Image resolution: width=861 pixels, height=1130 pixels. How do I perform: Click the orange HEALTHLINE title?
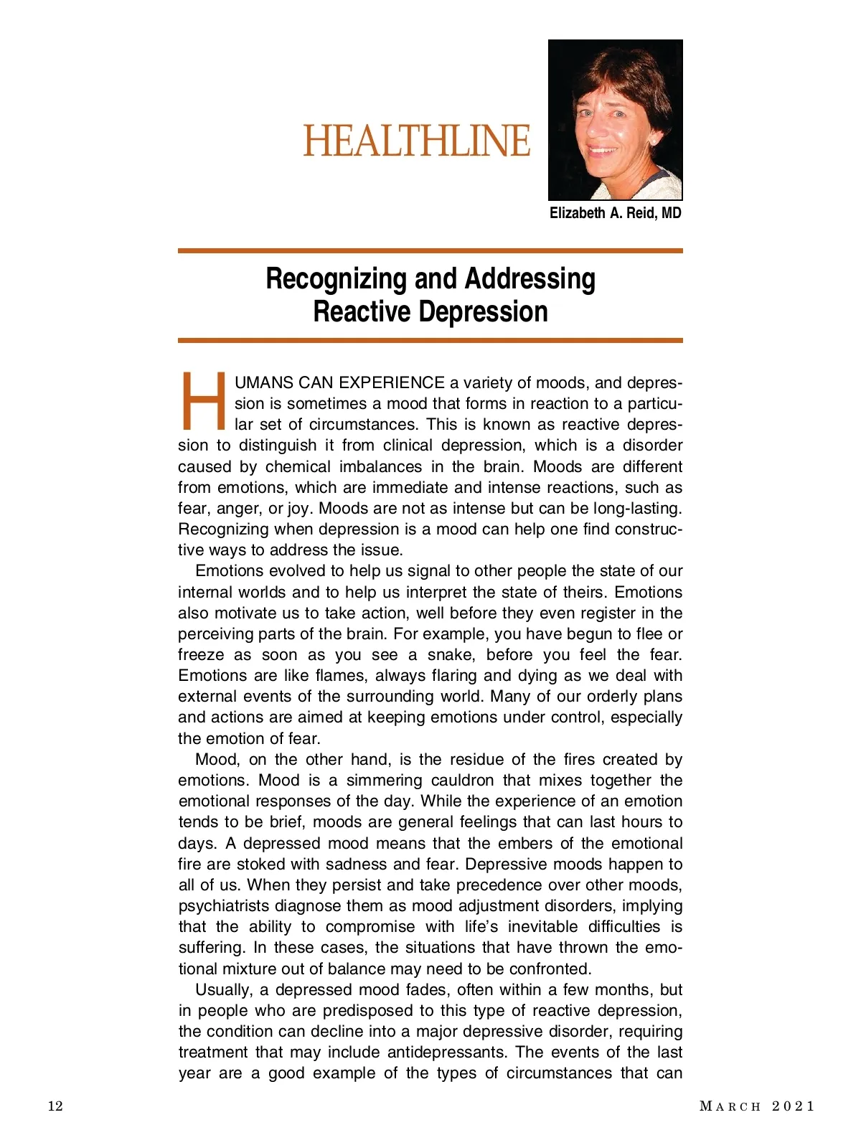416,141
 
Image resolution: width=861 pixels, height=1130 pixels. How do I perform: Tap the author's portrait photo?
615,120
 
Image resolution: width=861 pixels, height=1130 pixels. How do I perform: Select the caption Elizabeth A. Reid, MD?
615,213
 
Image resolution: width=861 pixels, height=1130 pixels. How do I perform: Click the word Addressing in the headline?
530,279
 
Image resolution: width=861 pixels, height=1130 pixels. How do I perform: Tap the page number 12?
55,1106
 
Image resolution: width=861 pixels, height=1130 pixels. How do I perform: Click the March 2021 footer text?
757,1106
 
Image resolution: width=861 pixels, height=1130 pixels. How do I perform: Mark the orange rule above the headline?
430,251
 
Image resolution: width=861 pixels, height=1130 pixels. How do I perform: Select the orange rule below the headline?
430,340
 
